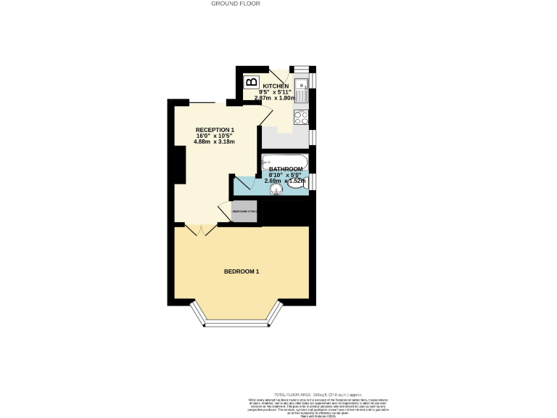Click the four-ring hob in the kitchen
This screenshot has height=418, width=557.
tap(302, 117)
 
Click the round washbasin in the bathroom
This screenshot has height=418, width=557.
tap(276, 190)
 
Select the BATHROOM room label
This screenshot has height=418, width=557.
tap(285, 169)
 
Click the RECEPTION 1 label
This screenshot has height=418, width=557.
tap(215, 129)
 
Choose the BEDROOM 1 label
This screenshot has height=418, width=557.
tap(242, 271)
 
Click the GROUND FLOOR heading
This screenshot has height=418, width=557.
tap(235, 4)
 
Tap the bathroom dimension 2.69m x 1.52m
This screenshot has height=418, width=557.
tap(285, 181)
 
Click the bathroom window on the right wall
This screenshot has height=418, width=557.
tap(312, 181)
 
